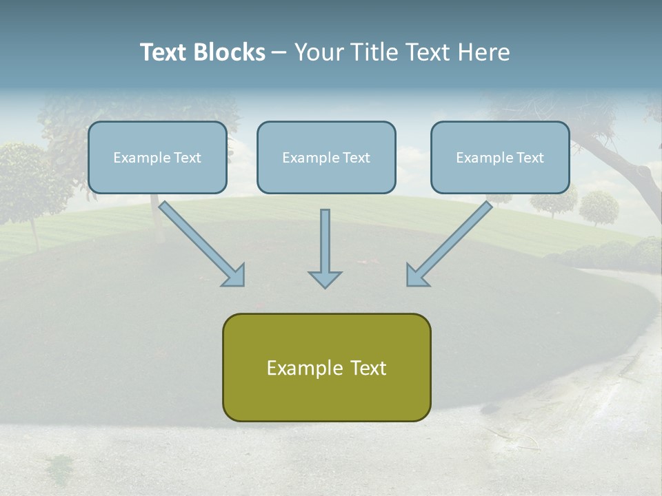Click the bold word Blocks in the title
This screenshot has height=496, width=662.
click(230, 52)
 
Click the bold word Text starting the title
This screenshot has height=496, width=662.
click(164, 52)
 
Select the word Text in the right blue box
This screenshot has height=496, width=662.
click(530, 158)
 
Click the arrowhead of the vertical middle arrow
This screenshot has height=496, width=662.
click(325, 279)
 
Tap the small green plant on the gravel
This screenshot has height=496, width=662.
click(62, 465)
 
